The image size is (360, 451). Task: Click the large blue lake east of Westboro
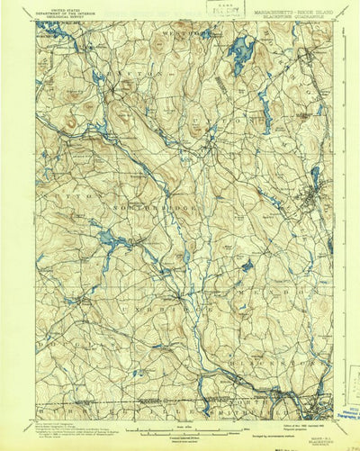point(240,55)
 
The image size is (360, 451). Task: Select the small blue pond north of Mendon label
point(247,266)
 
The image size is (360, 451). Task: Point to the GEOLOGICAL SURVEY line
point(67,17)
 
